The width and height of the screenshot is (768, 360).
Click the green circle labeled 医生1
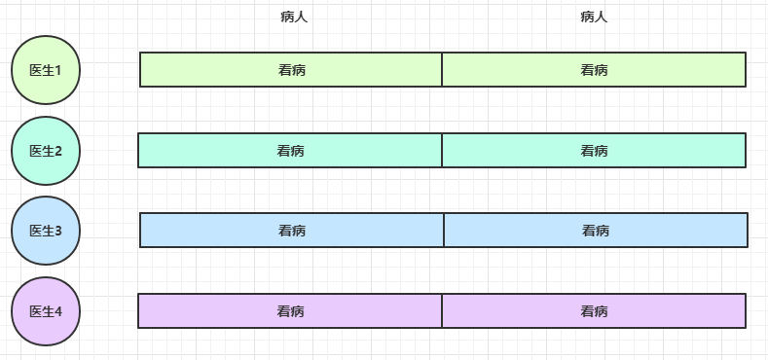(x=46, y=70)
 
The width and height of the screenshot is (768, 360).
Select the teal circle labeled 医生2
(x=46, y=151)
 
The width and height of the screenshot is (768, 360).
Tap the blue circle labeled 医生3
(x=46, y=231)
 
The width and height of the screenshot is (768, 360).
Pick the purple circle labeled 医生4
(x=46, y=311)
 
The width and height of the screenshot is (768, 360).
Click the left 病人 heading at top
(x=294, y=17)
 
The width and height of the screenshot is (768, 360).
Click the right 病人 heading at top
(x=594, y=17)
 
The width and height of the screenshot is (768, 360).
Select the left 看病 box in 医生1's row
(x=291, y=70)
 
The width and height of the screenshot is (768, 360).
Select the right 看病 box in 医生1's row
(x=594, y=70)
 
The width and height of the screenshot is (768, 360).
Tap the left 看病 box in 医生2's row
(x=290, y=151)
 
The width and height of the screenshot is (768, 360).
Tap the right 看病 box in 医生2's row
(x=594, y=151)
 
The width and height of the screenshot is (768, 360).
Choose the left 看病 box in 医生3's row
(x=292, y=231)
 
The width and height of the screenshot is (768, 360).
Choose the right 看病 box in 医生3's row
(x=596, y=231)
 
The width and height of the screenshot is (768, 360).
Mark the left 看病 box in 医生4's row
(x=290, y=311)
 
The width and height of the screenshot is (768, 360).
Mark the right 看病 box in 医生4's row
(x=594, y=311)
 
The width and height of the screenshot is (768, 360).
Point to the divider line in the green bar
(x=442, y=70)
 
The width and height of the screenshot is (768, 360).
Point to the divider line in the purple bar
(x=442, y=311)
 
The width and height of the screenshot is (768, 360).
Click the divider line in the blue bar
(x=444, y=231)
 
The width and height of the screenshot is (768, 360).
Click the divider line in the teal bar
(x=442, y=151)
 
